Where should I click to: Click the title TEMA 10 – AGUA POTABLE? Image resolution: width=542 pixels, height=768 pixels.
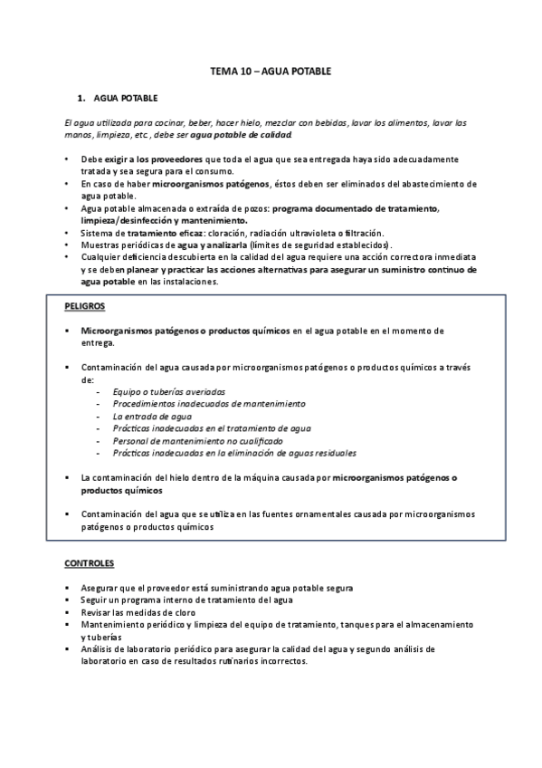(x=271, y=70)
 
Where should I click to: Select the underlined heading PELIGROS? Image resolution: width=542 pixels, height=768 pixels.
(x=84, y=306)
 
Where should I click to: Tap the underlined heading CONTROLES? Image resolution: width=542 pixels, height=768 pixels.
(x=90, y=563)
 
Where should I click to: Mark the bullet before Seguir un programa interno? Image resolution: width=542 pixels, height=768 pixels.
(x=69, y=600)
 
